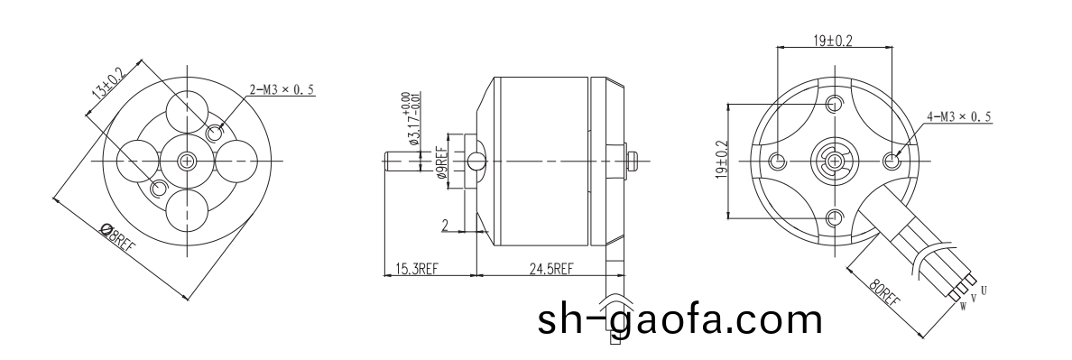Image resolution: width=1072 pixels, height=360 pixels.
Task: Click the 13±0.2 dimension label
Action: click(x=106, y=83)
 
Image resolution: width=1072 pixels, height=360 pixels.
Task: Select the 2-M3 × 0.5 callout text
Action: click(x=282, y=89)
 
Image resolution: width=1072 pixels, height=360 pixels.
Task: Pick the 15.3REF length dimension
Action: click(x=416, y=269)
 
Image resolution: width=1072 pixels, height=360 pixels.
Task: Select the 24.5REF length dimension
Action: click(x=551, y=269)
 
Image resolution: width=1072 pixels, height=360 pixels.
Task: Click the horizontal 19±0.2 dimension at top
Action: click(x=833, y=41)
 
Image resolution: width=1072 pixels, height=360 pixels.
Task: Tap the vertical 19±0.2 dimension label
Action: click(x=721, y=160)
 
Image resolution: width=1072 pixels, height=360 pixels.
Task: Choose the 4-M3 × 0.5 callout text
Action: click(x=959, y=116)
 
